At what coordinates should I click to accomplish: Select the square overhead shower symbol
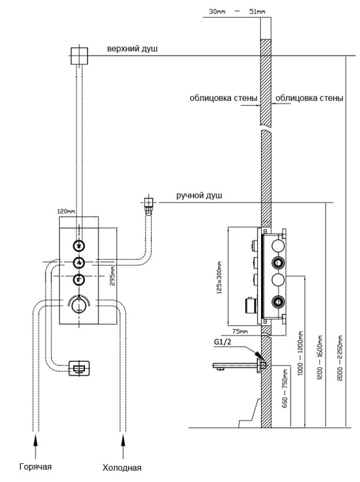pyautogui.click(x=79, y=55)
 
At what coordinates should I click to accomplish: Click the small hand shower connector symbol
pyautogui.click(x=149, y=202)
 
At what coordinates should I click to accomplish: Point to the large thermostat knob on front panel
pyautogui.click(x=79, y=305)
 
